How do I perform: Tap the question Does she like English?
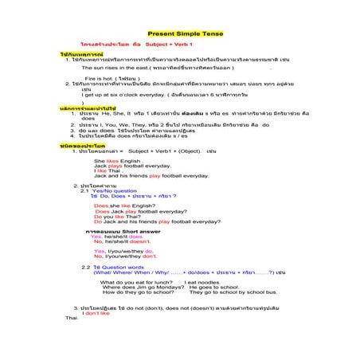tap(123, 205)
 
